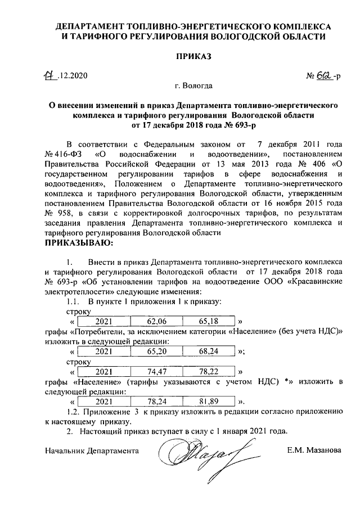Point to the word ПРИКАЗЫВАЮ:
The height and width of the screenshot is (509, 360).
pyautogui.click(x=79, y=243)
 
